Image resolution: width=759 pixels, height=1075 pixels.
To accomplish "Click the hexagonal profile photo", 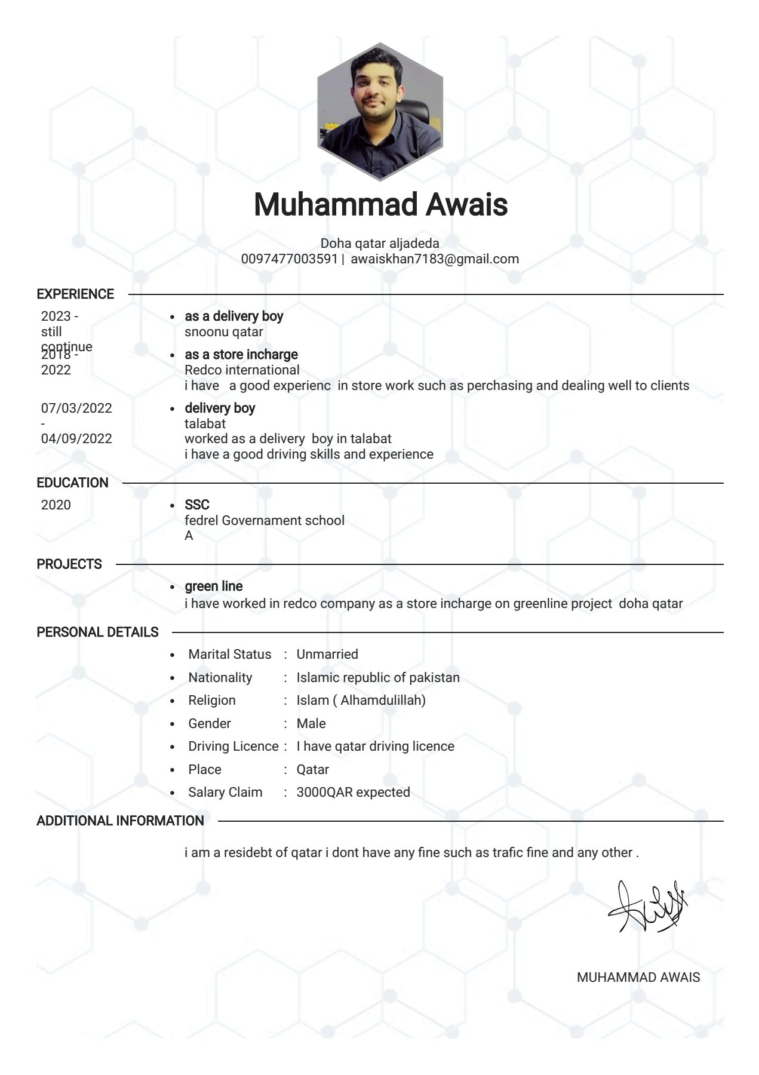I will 380,112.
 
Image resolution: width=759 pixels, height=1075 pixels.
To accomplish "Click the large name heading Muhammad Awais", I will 380,204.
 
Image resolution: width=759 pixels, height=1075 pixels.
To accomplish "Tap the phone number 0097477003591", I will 289,259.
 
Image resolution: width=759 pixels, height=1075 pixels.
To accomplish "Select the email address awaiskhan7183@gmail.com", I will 434,259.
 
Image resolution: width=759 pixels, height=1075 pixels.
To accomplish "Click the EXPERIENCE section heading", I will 75,294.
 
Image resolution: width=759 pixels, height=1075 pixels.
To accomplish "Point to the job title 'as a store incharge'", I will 241,355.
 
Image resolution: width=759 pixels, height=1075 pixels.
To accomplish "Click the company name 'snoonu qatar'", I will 223,332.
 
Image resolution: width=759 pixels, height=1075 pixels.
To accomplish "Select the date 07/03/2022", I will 76,408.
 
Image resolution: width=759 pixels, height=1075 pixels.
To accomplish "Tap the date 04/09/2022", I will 76,439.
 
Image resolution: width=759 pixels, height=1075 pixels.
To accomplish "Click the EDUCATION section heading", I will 72,483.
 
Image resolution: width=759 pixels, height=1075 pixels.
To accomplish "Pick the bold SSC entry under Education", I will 196,505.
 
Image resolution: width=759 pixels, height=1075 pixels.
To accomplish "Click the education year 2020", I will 56,505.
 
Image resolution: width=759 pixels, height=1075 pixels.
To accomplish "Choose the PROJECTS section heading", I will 69,564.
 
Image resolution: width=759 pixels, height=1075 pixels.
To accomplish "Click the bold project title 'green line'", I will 213,586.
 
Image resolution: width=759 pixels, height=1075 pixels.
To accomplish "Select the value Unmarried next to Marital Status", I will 327,655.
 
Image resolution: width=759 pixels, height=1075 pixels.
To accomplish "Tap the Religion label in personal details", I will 211,701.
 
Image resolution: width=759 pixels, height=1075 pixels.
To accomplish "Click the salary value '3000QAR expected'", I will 353,793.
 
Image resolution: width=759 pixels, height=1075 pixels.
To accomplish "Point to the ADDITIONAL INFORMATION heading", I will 120,821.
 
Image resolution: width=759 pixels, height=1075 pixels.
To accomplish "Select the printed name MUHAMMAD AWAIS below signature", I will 638,978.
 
